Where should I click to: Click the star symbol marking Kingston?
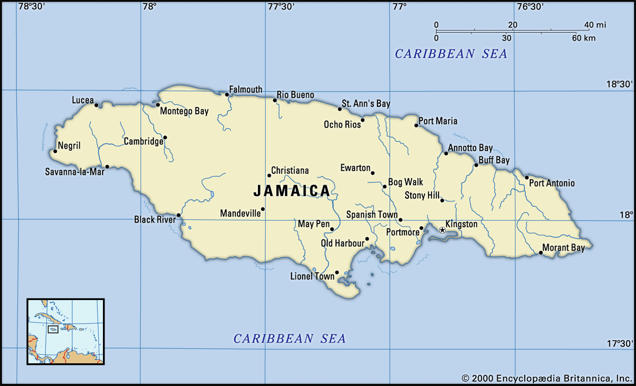442,230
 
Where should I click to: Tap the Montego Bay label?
184,111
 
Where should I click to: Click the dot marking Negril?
55,151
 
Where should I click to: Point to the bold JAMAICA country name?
292,191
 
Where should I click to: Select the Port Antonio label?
552,183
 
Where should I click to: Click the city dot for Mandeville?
263,209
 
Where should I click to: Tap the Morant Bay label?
563,248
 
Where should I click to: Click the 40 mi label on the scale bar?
595,25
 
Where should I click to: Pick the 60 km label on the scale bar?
584,38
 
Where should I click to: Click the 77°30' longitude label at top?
281,6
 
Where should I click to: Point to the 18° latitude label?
626,215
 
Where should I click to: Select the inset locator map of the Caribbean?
66,331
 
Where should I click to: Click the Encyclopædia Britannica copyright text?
547,378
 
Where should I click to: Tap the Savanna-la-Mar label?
75,172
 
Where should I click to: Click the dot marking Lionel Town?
337,273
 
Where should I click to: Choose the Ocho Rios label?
342,125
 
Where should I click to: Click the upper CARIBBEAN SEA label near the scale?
451,54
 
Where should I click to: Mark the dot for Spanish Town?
400,220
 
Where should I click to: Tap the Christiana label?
290,170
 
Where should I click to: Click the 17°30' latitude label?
620,343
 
